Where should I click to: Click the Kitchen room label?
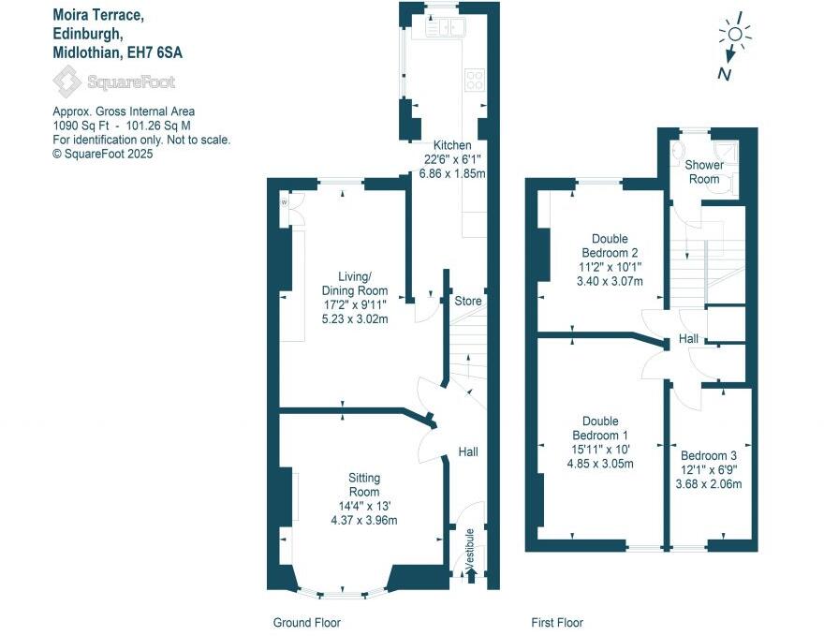click(451, 145)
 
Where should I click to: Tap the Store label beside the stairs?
click(467, 302)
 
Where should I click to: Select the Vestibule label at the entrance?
click(470, 545)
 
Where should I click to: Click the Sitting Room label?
click(364, 485)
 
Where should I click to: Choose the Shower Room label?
click(703, 172)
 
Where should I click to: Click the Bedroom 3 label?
click(711, 451)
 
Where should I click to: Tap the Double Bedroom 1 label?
click(598, 428)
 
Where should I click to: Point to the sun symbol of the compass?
click(735, 36)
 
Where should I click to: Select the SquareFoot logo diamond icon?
click(66, 82)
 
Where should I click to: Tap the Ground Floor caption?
click(306, 623)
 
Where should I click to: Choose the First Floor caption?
click(556, 623)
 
